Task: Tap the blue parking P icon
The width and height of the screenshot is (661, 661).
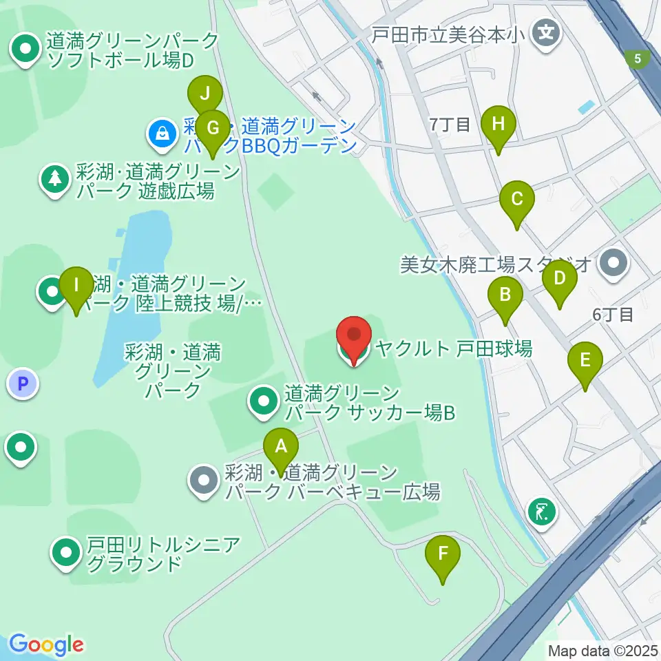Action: pyautogui.click(x=24, y=384)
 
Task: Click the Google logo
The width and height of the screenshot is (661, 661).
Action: pyautogui.click(x=46, y=645)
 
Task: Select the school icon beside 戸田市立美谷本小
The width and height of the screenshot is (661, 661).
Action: pyautogui.click(x=547, y=32)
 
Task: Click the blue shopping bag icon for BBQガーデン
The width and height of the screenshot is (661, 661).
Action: pyautogui.click(x=162, y=132)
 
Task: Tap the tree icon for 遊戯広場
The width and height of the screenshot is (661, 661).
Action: pyautogui.click(x=54, y=180)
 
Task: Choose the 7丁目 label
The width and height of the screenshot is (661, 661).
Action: pyautogui.click(x=450, y=125)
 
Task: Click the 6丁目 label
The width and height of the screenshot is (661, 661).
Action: pyautogui.click(x=613, y=315)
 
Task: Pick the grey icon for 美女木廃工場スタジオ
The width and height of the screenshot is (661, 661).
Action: pyautogui.click(x=611, y=262)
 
